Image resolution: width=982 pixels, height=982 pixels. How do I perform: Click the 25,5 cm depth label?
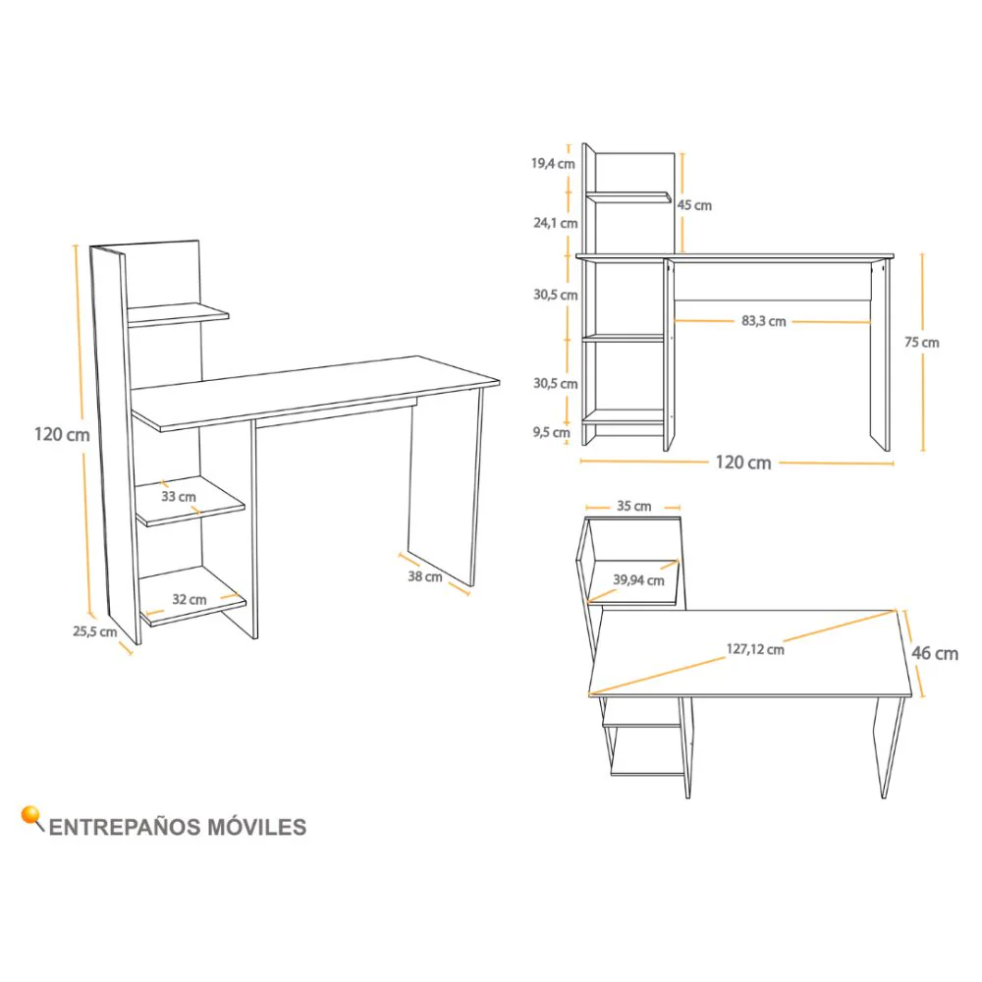tap(94, 631)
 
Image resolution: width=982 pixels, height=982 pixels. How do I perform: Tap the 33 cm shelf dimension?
tap(179, 497)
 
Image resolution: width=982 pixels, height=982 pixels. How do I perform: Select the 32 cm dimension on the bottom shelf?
tap(190, 599)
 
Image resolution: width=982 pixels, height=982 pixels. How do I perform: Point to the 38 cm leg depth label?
tap(425, 576)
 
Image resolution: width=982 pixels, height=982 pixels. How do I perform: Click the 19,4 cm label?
tap(553, 163)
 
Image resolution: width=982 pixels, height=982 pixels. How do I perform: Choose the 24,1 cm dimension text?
tap(556, 223)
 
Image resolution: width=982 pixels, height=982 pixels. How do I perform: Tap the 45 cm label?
tap(694, 205)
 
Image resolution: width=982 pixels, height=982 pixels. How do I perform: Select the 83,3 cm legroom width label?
tap(763, 321)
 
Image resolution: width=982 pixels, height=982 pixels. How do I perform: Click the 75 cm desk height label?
tap(922, 343)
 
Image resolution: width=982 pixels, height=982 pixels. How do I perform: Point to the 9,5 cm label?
tap(551, 433)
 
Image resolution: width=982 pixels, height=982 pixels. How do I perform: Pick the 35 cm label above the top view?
tap(633, 506)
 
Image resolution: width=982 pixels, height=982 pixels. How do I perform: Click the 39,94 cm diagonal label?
tap(638, 580)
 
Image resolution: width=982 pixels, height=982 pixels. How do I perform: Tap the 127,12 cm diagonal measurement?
tap(755, 649)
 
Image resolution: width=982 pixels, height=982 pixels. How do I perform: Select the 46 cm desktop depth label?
tap(935, 653)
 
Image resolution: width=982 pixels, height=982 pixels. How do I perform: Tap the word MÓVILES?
tap(256, 827)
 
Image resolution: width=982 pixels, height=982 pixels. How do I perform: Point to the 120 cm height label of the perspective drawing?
tap(62, 435)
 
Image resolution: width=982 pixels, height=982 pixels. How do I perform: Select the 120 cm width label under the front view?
tap(743, 463)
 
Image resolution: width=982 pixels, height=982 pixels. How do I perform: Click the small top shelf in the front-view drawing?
tap(628, 198)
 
